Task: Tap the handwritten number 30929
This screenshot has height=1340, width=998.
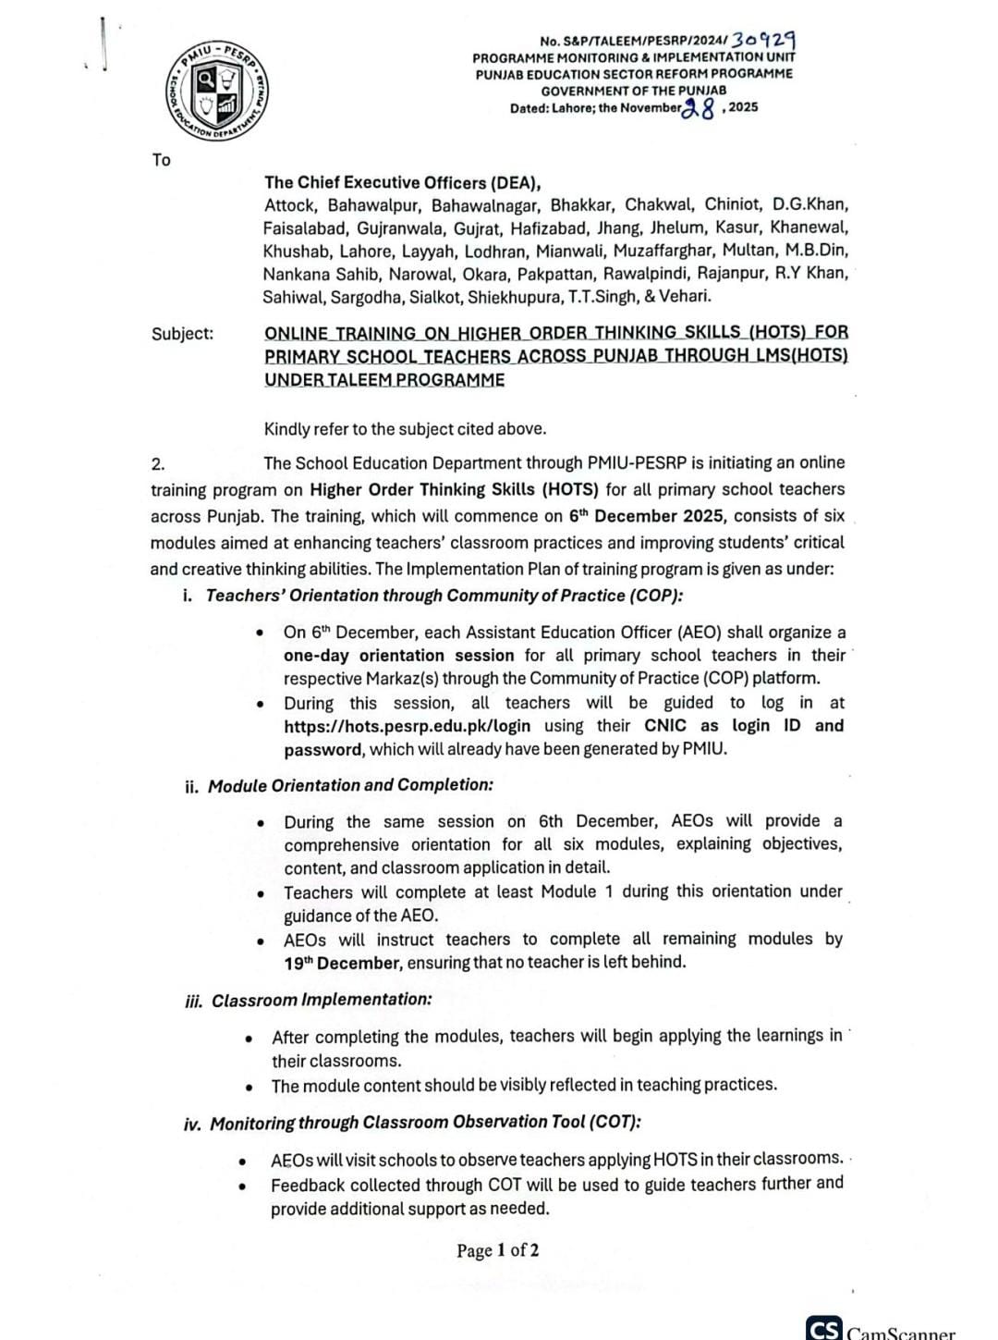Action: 763,40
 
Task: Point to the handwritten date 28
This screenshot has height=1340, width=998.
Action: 699,110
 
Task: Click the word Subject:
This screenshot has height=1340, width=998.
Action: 182,334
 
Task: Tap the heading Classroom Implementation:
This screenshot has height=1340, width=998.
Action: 322,1000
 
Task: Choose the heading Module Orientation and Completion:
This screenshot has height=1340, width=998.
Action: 350,785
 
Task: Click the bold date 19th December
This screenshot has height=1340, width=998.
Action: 343,962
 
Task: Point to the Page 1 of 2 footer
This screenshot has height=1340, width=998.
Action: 497,1250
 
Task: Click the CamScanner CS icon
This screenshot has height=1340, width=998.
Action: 823,1329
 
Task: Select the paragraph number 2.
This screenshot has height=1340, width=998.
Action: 157,463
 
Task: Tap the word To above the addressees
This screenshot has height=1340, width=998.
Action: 162,160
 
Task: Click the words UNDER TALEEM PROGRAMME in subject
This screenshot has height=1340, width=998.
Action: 384,380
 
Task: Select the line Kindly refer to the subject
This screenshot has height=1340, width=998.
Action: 405,429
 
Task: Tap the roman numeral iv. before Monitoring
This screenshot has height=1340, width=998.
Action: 192,1124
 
